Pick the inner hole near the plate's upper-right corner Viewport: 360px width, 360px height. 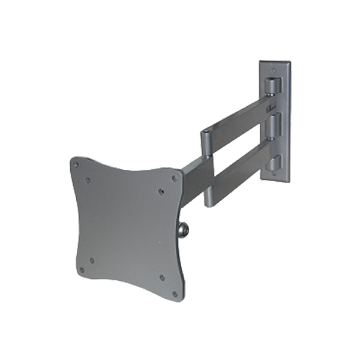[x=161, y=192]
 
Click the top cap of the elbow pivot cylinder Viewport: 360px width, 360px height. [x=207, y=131]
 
